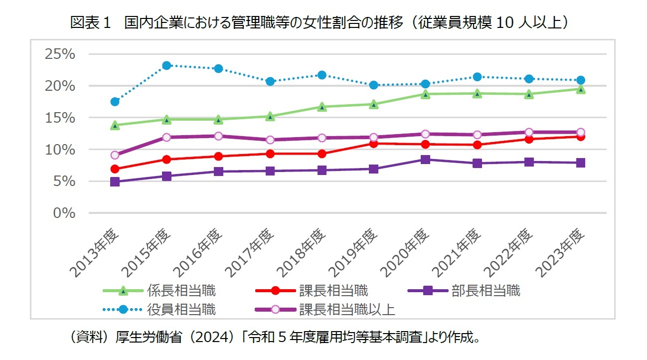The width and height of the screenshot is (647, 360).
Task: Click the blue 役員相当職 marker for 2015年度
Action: coord(166,65)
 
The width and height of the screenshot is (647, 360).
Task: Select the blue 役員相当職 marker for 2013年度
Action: coord(115,102)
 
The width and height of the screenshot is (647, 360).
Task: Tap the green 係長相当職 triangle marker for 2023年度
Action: coord(580,89)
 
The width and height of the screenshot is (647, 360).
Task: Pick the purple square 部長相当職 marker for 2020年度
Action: coord(425,160)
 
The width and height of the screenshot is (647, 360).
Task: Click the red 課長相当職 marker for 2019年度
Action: coord(373,144)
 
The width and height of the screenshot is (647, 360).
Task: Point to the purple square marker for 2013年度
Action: coord(115,182)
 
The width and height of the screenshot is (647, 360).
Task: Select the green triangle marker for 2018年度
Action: coord(322,107)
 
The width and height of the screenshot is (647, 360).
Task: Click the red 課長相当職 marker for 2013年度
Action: coord(115,169)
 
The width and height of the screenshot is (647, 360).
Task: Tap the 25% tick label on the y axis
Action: coord(60,54)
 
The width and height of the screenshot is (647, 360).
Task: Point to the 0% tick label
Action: coord(64,213)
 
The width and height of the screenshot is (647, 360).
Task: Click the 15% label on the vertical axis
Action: coord(60,118)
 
